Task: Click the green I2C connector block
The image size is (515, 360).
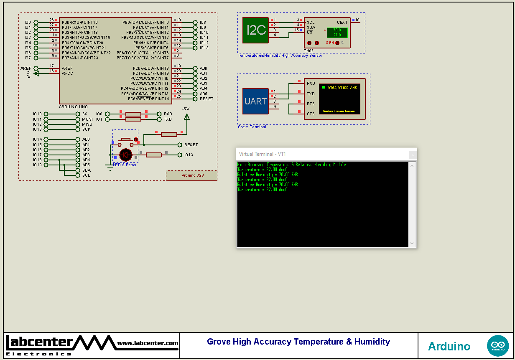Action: [255, 30]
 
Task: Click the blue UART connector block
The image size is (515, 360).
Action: [255, 101]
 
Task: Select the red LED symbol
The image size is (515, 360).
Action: [125, 155]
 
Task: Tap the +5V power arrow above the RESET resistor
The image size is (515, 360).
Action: [186, 117]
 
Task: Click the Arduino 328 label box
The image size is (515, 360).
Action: [192, 175]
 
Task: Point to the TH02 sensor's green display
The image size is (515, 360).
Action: [337, 33]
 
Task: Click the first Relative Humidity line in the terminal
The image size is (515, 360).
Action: [268, 175]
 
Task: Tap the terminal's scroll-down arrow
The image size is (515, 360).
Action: [412, 243]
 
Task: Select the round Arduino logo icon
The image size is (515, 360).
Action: [497, 346]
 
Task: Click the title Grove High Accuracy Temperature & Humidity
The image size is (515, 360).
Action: [298, 342]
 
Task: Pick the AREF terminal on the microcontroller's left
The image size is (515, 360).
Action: [36, 68]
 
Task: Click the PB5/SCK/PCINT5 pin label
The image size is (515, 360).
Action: [152, 48]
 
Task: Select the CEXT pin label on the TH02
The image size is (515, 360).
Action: [342, 23]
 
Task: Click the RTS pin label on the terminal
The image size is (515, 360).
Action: [311, 104]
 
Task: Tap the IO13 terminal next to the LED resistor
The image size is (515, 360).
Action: [180, 155]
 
